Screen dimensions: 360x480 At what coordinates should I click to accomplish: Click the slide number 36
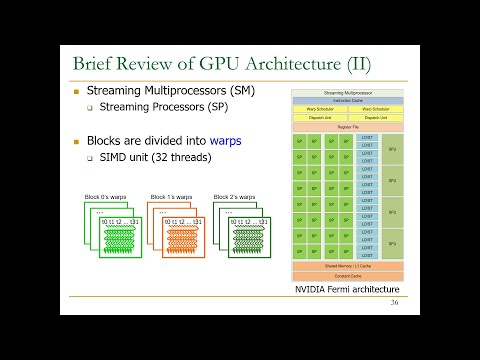click(394, 301)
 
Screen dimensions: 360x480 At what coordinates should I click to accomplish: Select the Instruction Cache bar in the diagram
click(346, 101)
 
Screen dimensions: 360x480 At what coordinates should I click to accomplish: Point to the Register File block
click(346, 127)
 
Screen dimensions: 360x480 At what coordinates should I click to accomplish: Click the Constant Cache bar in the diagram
click(346, 275)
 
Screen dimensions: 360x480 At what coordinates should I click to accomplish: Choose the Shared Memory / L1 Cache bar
click(346, 266)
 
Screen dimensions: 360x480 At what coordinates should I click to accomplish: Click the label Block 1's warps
click(170, 196)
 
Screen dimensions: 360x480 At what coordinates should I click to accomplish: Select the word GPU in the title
click(201, 65)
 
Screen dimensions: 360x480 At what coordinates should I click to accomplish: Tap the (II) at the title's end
click(354, 65)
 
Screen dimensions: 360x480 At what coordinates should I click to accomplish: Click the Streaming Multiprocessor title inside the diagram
click(346, 93)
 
